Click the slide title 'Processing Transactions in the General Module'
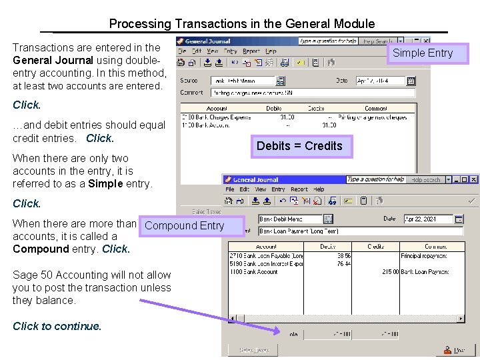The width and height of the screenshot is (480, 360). [x=241, y=24]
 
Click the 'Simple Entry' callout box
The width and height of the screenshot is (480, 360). [x=422, y=53]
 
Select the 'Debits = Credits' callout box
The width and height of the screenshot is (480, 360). [x=299, y=146]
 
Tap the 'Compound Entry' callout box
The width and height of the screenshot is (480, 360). [x=184, y=225]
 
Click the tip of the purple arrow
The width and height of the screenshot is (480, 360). [x=281, y=331]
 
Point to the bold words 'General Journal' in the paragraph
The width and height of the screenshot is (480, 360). [x=53, y=60]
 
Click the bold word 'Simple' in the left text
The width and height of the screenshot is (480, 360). [x=105, y=183]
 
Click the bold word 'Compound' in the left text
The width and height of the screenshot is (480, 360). [x=41, y=249]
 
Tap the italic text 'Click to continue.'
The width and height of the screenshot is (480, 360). [x=57, y=326]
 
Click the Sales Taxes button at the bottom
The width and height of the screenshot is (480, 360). [x=254, y=350]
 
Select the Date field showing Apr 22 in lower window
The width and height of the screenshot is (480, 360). [x=428, y=219]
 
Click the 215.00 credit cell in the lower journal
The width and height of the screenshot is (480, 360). [x=390, y=271]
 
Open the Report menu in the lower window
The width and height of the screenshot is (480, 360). [x=299, y=189]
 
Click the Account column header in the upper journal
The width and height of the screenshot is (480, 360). [x=217, y=108]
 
